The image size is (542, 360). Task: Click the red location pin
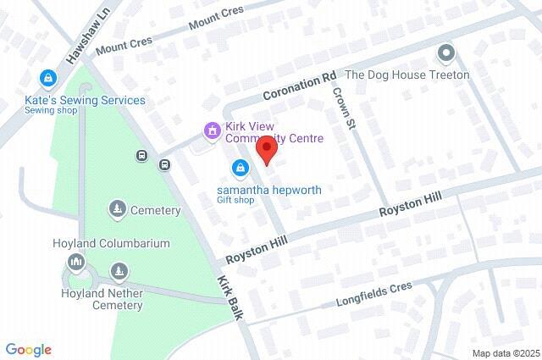(268, 152)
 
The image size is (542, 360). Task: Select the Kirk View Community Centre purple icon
(212, 130)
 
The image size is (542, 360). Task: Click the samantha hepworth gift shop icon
(241, 168)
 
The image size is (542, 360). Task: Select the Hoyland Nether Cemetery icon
(119, 272)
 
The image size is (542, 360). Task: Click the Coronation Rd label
(300, 86)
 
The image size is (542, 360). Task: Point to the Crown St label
(342, 108)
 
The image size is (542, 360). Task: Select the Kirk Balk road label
(230, 297)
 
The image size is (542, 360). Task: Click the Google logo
(28, 350)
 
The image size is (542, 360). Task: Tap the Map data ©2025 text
(505, 353)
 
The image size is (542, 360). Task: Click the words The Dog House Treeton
(407, 75)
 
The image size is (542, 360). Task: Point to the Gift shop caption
(235, 200)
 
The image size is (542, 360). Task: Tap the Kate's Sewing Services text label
(84, 100)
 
